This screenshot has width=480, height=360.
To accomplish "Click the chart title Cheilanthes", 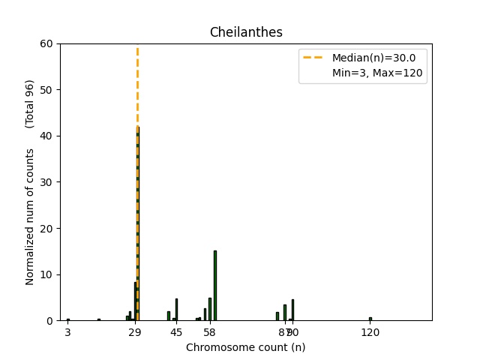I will [246, 32].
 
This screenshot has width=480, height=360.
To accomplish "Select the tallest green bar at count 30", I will [138, 225].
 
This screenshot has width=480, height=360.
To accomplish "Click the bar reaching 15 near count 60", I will [215, 286].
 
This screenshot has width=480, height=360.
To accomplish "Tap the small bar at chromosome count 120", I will [370, 319].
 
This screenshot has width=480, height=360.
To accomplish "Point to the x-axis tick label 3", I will [67, 331].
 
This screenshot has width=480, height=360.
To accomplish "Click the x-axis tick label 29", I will [135, 331].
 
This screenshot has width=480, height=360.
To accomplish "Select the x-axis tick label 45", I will [176, 331].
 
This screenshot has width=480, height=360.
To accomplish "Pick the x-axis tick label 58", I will [210, 331].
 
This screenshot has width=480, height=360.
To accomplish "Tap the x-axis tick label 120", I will [370, 331].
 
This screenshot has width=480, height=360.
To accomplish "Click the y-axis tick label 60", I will [47, 43].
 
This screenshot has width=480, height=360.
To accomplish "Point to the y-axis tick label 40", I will [47, 136].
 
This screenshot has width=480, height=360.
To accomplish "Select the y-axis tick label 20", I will [47, 228].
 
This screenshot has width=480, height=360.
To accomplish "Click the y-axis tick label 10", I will [47, 274].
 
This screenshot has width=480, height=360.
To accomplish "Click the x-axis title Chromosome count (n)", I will [246, 347].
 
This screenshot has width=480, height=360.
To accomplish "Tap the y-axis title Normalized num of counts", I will [30, 216].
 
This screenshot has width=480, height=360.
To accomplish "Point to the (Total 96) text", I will [30, 103].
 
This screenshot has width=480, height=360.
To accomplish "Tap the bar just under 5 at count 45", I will [176, 310].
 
